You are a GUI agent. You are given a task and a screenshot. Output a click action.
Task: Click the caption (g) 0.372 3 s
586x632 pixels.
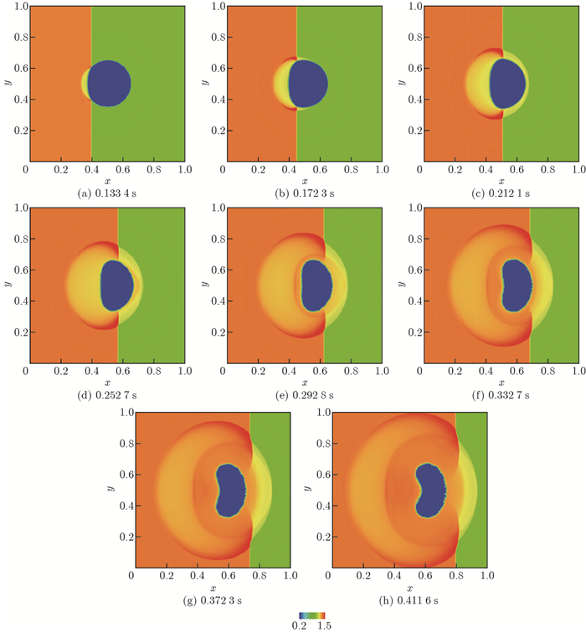tap(212, 600)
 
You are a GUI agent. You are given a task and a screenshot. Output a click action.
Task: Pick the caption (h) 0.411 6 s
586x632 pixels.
tap(410, 600)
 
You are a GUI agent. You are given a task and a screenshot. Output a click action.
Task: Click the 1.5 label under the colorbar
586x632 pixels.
tap(326, 626)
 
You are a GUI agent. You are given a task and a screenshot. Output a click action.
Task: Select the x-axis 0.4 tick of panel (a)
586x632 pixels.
tap(90, 169)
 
